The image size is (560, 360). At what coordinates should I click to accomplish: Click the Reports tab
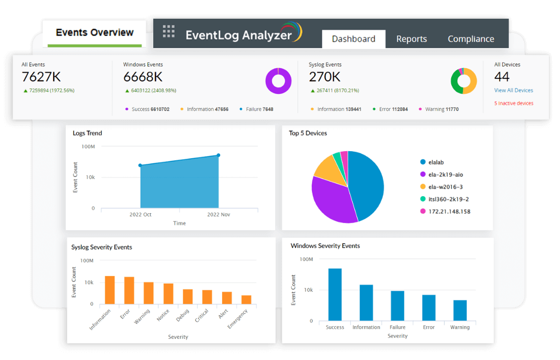[x=411, y=39]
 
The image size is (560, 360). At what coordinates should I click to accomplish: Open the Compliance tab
[x=470, y=39]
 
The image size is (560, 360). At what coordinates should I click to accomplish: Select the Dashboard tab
[x=354, y=39]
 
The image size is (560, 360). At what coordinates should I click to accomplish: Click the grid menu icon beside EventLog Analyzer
[x=168, y=31]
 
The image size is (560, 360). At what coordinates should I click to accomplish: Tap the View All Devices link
[x=513, y=91]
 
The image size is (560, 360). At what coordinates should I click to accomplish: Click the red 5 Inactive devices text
[x=513, y=103]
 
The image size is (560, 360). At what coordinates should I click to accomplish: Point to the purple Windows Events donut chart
[x=279, y=81]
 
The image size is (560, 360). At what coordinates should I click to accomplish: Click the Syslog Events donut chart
[x=464, y=81]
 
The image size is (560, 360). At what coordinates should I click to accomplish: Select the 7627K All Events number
[x=41, y=77]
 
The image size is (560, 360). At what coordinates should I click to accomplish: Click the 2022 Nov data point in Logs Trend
[x=219, y=155]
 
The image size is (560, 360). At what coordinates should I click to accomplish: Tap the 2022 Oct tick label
[x=140, y=214]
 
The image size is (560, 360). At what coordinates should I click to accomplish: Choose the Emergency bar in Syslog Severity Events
[x=246, y=299]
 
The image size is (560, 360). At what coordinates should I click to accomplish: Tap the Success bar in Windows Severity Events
[x=335, y=294]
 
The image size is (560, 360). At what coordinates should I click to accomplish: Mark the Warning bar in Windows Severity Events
[x=460, y=310]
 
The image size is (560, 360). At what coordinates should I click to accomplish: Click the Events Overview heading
[x=95, y=33]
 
